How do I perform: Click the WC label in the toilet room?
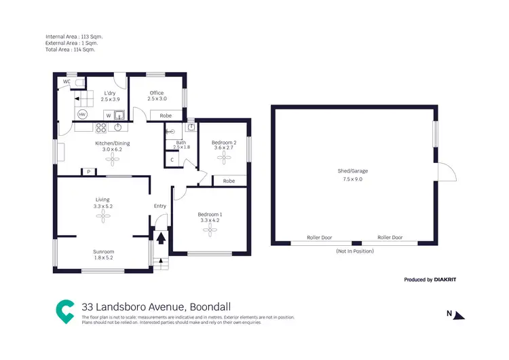coord(67,82)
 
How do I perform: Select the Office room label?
coord(157,93)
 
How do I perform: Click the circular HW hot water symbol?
coord(82,115)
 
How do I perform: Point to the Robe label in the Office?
coord(166,116)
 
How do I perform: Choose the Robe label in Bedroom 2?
coord(229,181)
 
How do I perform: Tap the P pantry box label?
coord(88,172)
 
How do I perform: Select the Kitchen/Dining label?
coord(111,143)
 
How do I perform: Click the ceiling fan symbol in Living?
coord(104,216)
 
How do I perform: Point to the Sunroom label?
coord(104,251)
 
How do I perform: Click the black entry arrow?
coord(161,238)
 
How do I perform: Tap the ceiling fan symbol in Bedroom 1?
coord(210,230)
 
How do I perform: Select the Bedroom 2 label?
coord(224,143)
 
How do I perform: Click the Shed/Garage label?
coord(353,171)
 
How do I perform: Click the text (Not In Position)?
coord(354,251)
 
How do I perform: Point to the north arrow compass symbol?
coord(458,314)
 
